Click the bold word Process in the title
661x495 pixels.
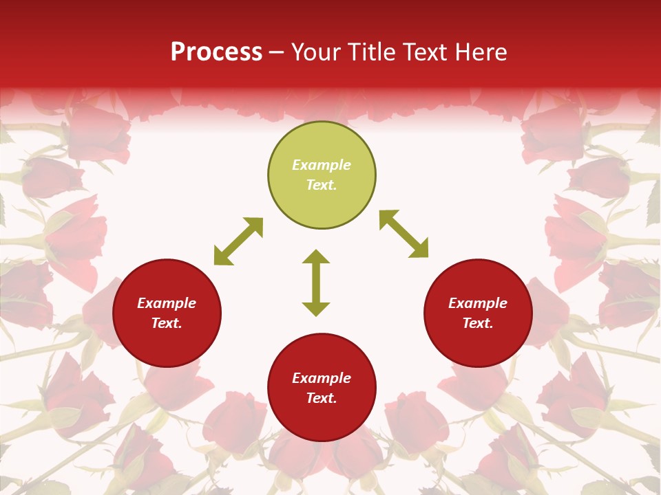(x=216, y=52)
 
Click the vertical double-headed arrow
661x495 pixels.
(x=316, y=283)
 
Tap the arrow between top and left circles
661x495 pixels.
(x=238, y=241)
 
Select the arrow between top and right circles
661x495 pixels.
(x=403, y=234)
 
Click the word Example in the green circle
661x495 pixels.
(x=322, y=165)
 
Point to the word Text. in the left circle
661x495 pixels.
(x=167, y=323)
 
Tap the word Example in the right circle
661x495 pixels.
(x=478, y=303)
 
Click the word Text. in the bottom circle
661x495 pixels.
(x=322, y=398)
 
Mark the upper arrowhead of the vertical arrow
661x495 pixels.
(x=316, y=257)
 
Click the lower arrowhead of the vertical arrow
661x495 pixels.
(x=316, y=309)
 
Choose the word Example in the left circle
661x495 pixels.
(x=167, y=303)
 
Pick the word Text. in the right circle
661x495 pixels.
(x=478, y=323)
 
